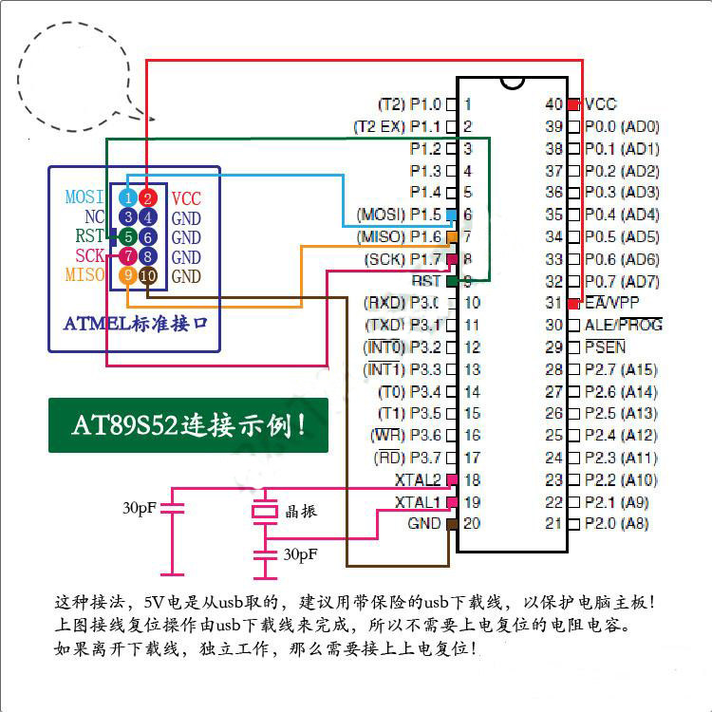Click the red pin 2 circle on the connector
148,198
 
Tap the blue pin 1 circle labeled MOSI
128,198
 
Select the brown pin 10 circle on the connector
148,275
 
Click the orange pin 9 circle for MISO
128,275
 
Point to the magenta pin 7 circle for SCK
128,256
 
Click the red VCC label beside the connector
186,198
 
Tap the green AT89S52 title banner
188,424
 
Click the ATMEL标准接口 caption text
136,324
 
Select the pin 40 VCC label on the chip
601,104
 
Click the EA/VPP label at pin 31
612,303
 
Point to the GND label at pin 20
423,523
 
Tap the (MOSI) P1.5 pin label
399,215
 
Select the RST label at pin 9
426,281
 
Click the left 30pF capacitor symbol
172,510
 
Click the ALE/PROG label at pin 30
624,325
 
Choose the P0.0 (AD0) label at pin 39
622,126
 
